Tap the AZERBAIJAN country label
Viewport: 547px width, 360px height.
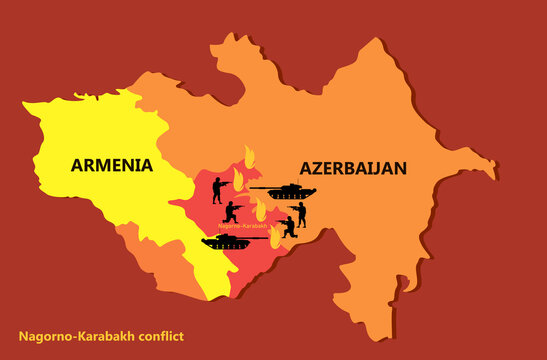coord(351,169)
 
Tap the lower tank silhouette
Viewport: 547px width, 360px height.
coord(228,241)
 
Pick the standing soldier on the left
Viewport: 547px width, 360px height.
coord(218,189)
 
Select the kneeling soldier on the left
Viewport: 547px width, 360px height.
coord(232,212)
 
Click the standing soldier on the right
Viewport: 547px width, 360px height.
coord(300,213)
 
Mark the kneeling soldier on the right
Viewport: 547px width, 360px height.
coord(287,227)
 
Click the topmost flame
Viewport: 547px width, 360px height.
coord(249,157)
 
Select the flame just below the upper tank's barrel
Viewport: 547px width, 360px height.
coord(260,208)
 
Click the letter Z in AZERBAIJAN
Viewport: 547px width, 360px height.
coord(314,169)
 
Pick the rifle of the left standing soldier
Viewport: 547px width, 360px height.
coord(227,183)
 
